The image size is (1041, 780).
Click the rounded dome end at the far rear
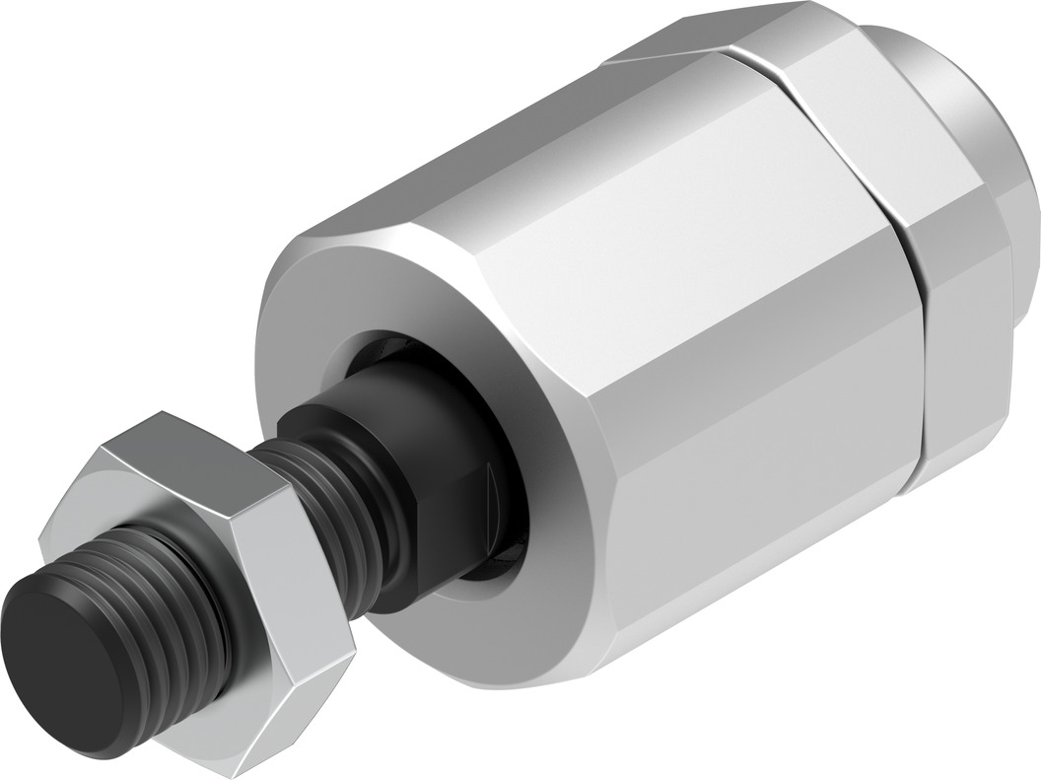click(x=976, y=148)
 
